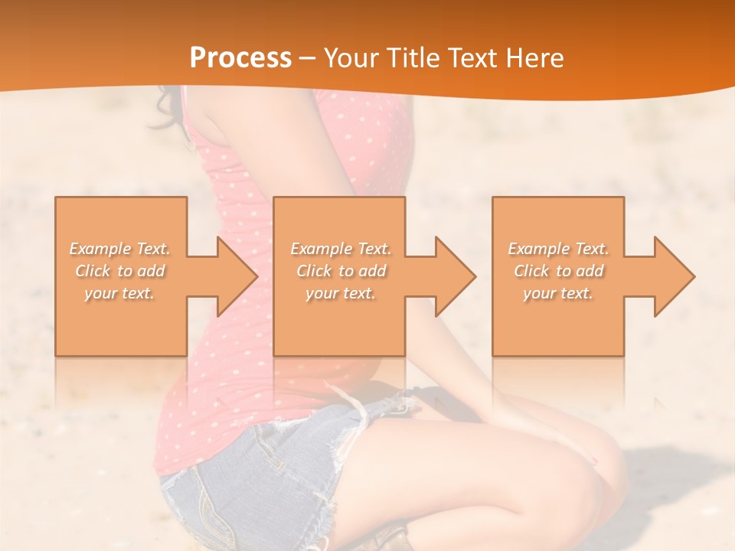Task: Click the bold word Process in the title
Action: click(x=240, y=58)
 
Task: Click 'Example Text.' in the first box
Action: click(x=119, y=249)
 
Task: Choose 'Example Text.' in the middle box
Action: click(x=341, y=249)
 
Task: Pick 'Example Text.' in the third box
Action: click(x=558, y=249)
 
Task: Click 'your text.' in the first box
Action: click(x=119, y=293)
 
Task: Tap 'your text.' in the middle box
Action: click(x=341, y=293)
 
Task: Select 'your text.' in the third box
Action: click(x=558, y=293)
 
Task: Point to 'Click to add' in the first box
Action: click(x=119, y=271)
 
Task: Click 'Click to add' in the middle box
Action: click(x=341, y=271)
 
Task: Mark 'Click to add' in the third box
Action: click(x=558, y=271)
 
